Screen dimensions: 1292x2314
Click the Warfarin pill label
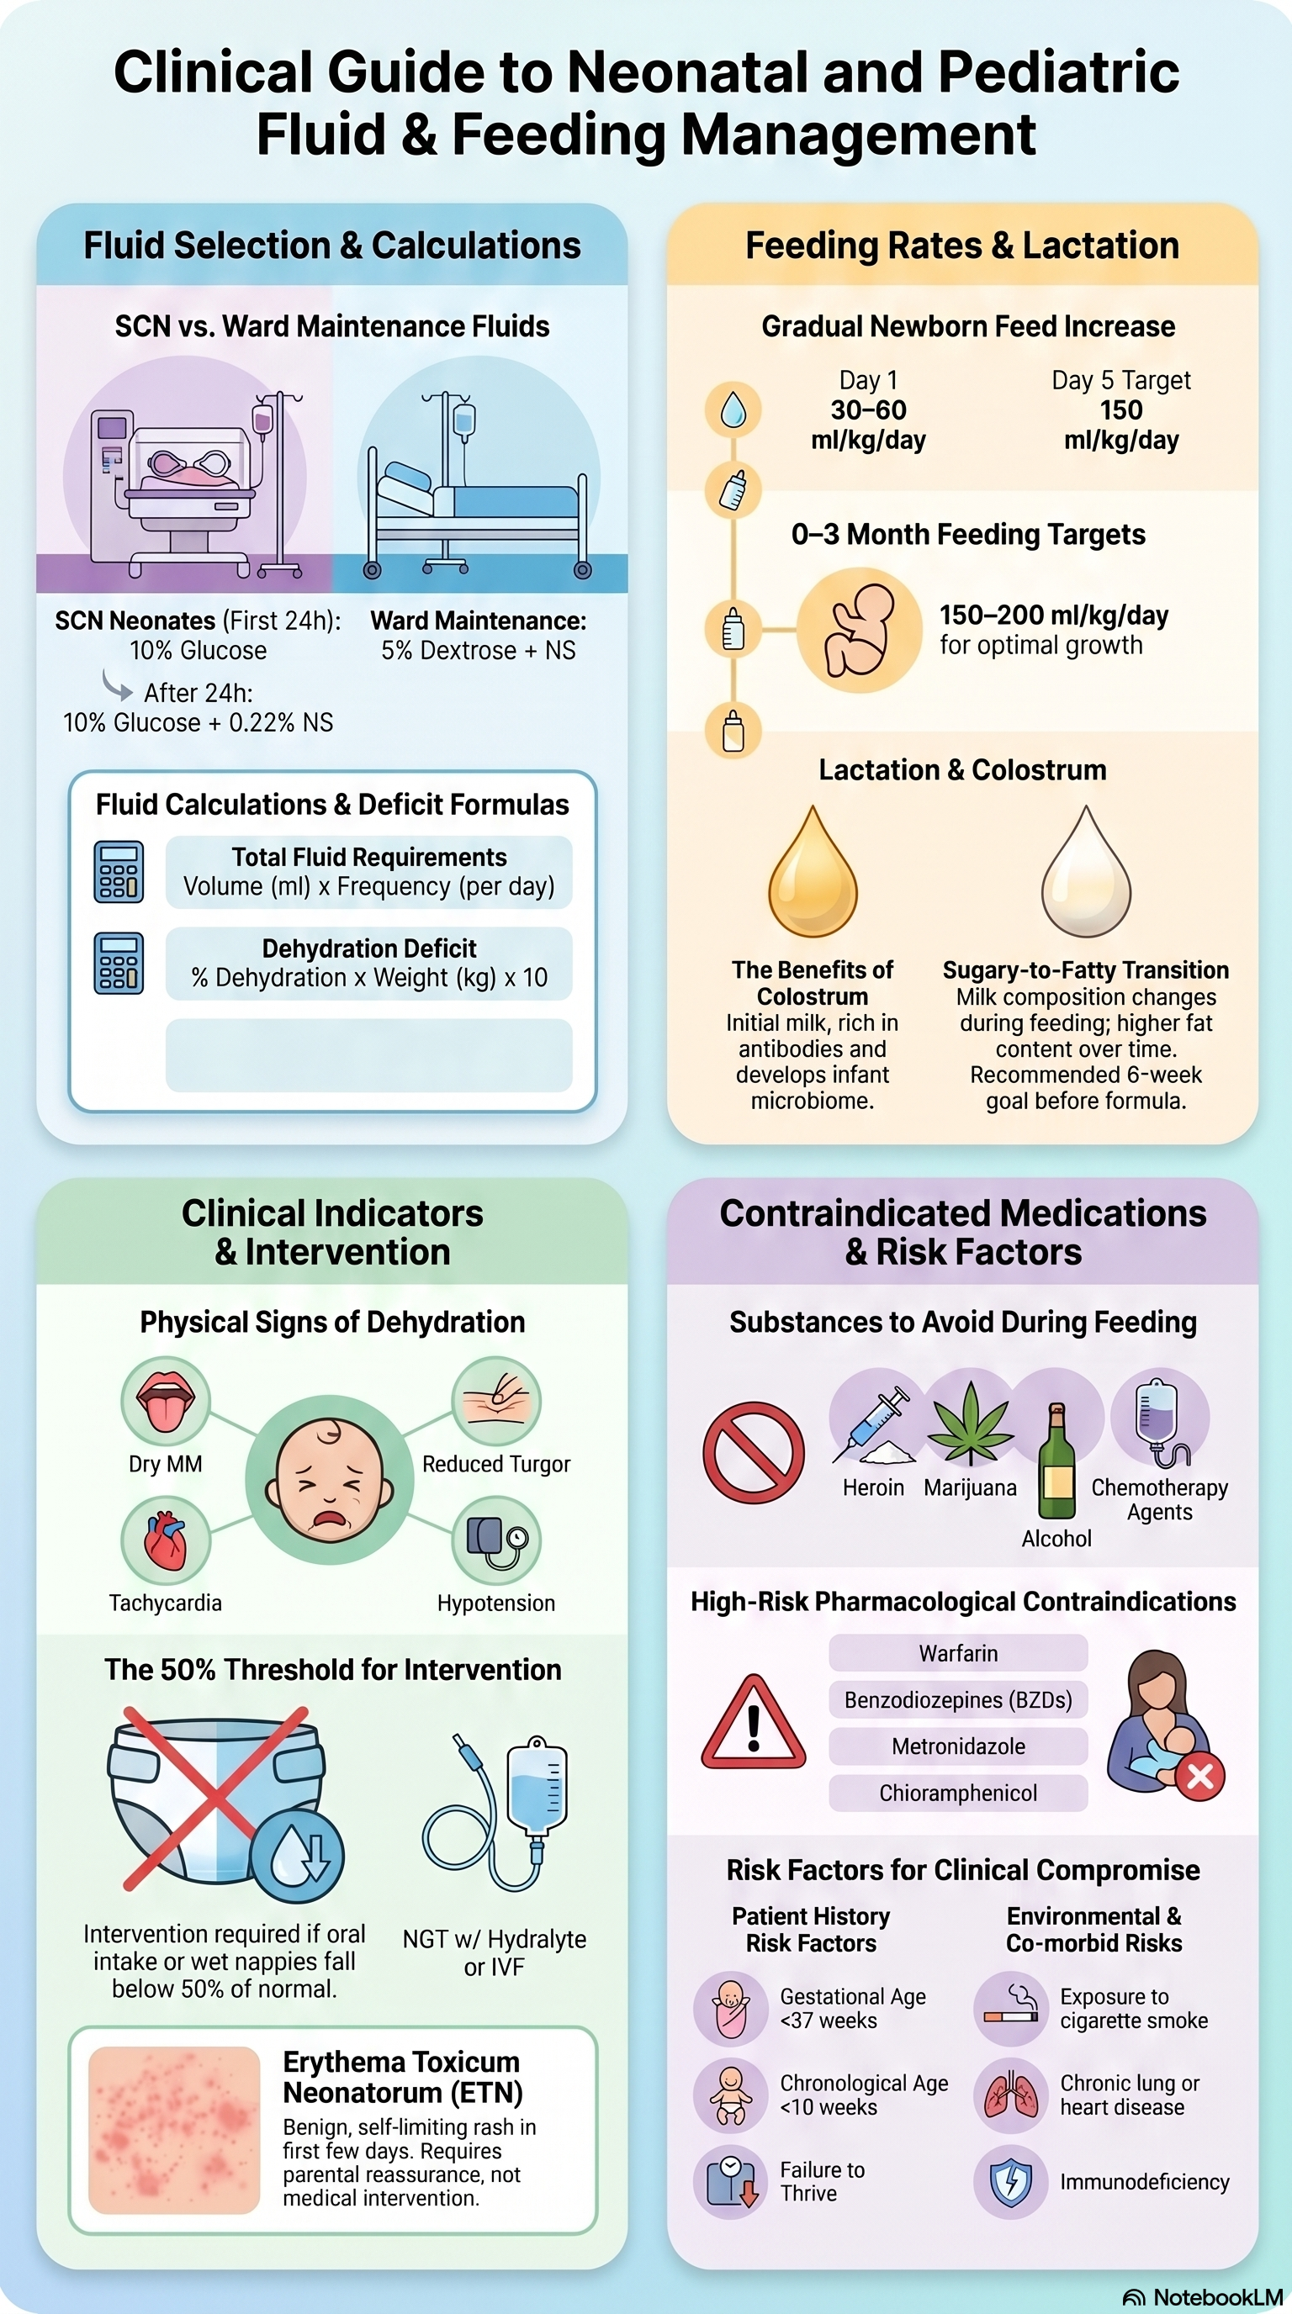tap(958, 1653)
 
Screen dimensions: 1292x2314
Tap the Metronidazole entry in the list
tap(958, 1746)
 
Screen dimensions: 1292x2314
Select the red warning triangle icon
tap(753, 1722)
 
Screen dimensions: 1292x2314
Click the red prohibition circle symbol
tap(753, 1452)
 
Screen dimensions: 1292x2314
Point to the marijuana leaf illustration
tap(970, 1424)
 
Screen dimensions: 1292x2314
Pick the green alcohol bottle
tap(1056, 1461)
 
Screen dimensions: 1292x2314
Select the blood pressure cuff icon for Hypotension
tap(497, 1540)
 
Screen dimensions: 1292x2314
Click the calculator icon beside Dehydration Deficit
tap(119, 963)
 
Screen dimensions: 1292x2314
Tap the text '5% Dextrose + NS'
tap(478, 650)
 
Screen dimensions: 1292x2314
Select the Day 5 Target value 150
tap(1121, 410)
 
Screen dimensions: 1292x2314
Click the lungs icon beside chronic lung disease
tap(1011, 2095)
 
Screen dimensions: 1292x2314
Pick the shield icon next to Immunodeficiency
tap(1011, 2182)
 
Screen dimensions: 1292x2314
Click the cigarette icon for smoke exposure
tap(1011, 2009)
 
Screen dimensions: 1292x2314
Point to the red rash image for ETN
tap(174, 2129)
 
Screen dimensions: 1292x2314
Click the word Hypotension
tap(496, 1603)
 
